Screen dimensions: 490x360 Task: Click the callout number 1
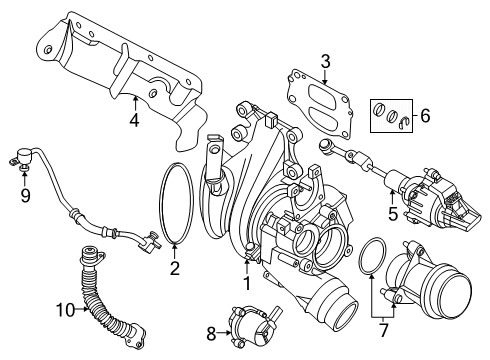pyautogui.click(x=247, y=283)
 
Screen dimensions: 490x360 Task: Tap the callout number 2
pyautogui.click(x=175, y=268)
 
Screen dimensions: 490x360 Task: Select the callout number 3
pyautogui.click(x=325, y=62)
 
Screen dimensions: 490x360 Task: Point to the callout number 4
pyautogui.click(x=135, y=120)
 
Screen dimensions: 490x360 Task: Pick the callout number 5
pyautogui.click(x=393, y=214)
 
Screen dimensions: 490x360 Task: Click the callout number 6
pyautogui.click(x=425, y=116)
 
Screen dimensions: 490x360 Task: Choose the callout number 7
pyautogui.click(x=383, y=330)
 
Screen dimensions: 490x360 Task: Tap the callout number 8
pyautogui.click(x=211, y=333)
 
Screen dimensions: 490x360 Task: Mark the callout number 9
pyautogui.click(x=25, y=196)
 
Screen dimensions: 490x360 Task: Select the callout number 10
pyautogui.click(x=65, y=310)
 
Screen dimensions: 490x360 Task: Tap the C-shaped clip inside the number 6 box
pyautogui.click(x=404, y=123)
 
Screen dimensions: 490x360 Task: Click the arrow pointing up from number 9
pyautogui.click(x=24, y=178)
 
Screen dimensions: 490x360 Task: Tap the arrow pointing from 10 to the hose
pyautogui.click(x=82, y=309)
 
